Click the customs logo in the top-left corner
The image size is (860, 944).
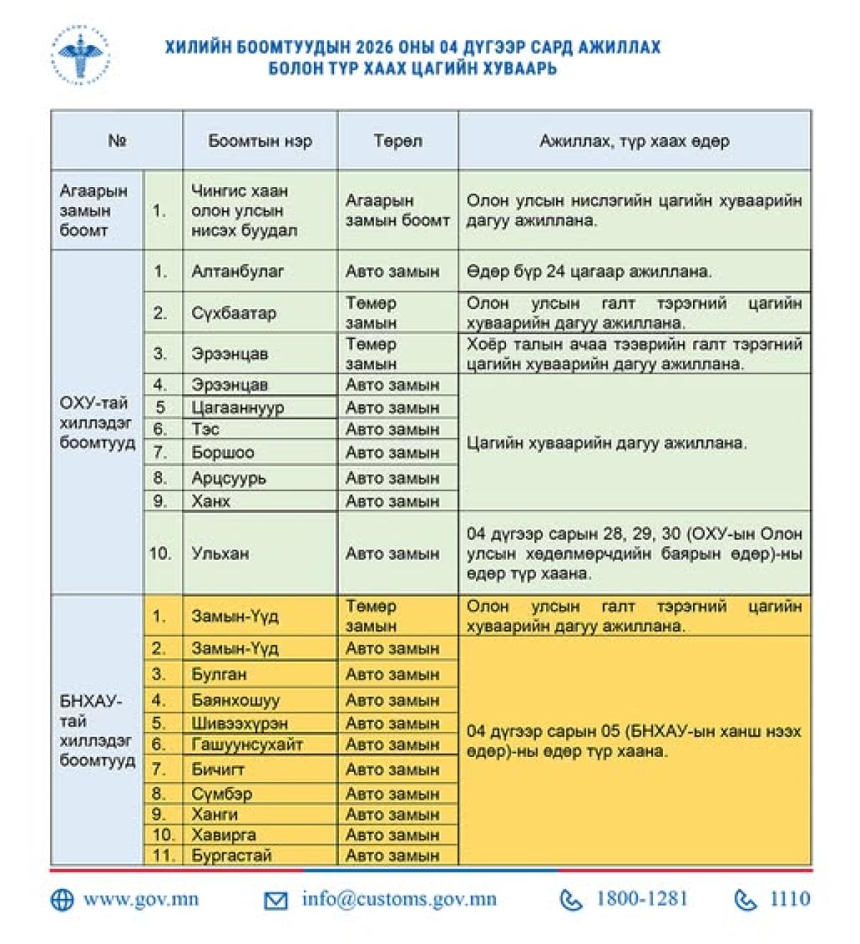click(x=80, y=55)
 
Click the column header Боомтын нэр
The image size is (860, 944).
click(x=259, y=140)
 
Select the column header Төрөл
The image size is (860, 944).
click(x=398, y=140)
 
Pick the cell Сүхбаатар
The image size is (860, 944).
click(x=233, y=313)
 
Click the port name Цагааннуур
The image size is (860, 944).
click(x=237, y=407)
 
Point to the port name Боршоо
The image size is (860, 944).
click(x=222, y=453)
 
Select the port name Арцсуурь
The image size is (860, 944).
click(x=229, y=478)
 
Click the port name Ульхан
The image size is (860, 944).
click(x=220, y=553)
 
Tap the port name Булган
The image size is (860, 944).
click(x=219, y=674)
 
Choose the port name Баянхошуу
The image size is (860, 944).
click(x=235, y=700)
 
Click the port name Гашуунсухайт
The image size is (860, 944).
click(x=247, y=745)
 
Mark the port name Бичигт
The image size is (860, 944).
click(x=218, y=770)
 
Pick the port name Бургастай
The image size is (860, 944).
click(x=231, y=855)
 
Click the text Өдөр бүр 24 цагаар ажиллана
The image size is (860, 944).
click(x=589, y=272)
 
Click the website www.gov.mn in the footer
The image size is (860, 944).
click(x=141, y=900)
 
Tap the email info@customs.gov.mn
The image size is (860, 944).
click(x=398, y=900)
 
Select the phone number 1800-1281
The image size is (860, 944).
click(x=641, y=900)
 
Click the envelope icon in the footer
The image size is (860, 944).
click(x=276, y=900)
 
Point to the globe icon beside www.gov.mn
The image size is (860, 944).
click(x=62, y=900)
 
